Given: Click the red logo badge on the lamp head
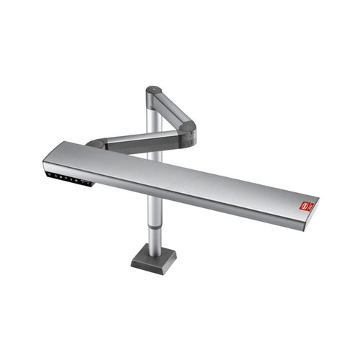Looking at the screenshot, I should point(307,207).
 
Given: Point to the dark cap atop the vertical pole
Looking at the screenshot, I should point(153,91).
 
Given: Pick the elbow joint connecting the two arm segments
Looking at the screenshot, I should point(186,130).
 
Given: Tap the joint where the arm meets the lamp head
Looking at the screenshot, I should point(97,143).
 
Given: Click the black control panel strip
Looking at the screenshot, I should point(69,179).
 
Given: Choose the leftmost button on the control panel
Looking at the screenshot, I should point(50,174).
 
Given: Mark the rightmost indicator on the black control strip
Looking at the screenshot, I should point(89,184).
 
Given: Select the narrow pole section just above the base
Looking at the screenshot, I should point(153,237).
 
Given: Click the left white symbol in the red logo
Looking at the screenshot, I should point(305,207).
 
